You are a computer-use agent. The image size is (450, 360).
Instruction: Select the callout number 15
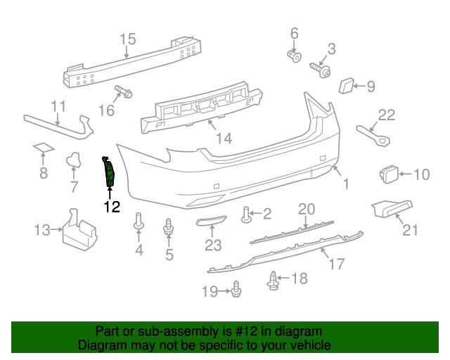click(x=127, y=39)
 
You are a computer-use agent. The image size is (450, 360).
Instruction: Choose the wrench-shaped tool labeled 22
click(x=373, y=134)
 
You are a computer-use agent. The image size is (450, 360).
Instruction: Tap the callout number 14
click(x=224, y=138)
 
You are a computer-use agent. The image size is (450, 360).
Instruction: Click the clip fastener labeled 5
click(x=169, y=228)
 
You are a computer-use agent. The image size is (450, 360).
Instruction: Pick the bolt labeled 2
click(x=247, y=214)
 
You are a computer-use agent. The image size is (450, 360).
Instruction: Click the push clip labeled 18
click(x=274, y=281)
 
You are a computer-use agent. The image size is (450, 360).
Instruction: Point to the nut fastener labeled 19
click(x=236, y=289)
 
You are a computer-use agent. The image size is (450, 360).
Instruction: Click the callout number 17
click(x=337, y=264)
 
